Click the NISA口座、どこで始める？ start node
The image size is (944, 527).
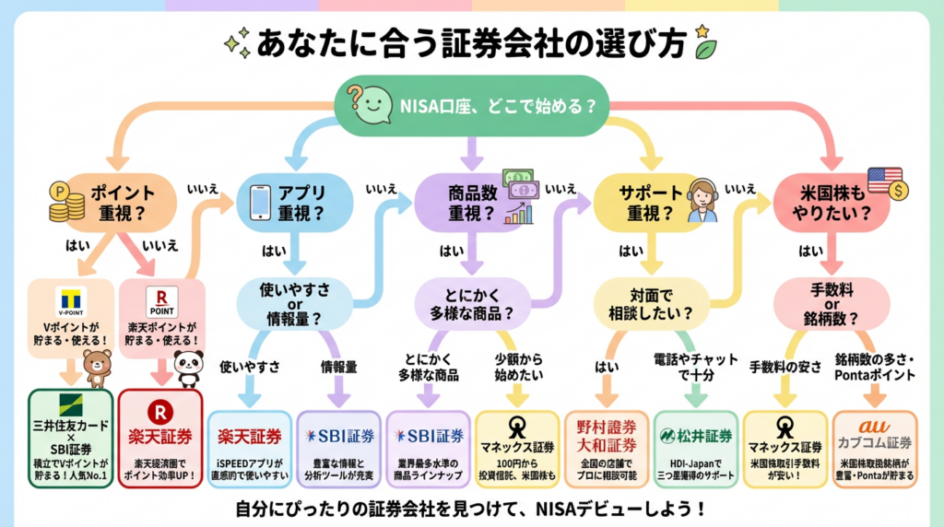pos(472,106)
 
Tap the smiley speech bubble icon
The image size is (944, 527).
pos(366,102)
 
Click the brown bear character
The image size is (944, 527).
pos(97,367)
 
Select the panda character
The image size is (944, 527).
pos(188,368)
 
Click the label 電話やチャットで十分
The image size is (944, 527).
pos(694,367)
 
